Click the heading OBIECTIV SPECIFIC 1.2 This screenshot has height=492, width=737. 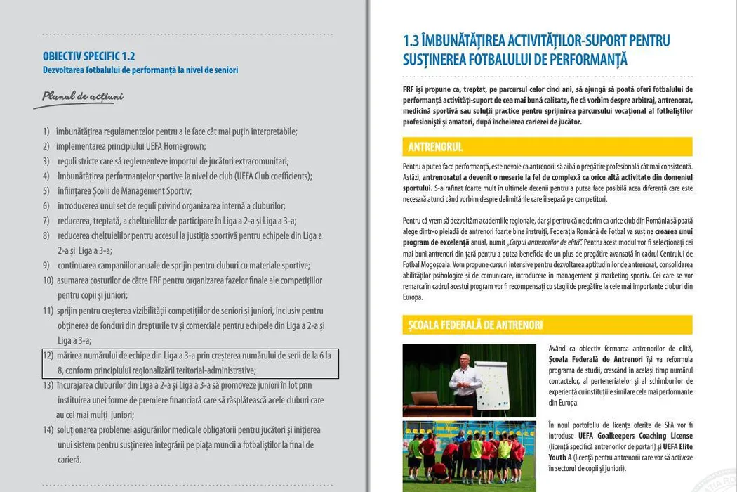[x=88, y=56]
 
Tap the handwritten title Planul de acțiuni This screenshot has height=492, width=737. [x=82, y=96]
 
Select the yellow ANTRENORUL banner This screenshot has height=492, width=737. [x=547, y=147]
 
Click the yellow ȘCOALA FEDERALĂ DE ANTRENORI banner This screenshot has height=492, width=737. [x=547, y=325]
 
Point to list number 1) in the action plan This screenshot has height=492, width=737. [x=46, y=131]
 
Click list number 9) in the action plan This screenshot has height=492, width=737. [x=46, y=266]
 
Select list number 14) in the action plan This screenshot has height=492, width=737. [x=48, y=429]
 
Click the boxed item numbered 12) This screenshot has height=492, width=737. [x=190, y=363]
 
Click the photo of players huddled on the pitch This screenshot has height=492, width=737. [x=469, y=455]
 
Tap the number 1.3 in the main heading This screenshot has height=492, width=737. [x=413, y=41]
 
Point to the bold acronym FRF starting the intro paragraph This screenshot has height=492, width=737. [x=409, y=89]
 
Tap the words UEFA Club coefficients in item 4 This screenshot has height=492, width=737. [x=273, y=176]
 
